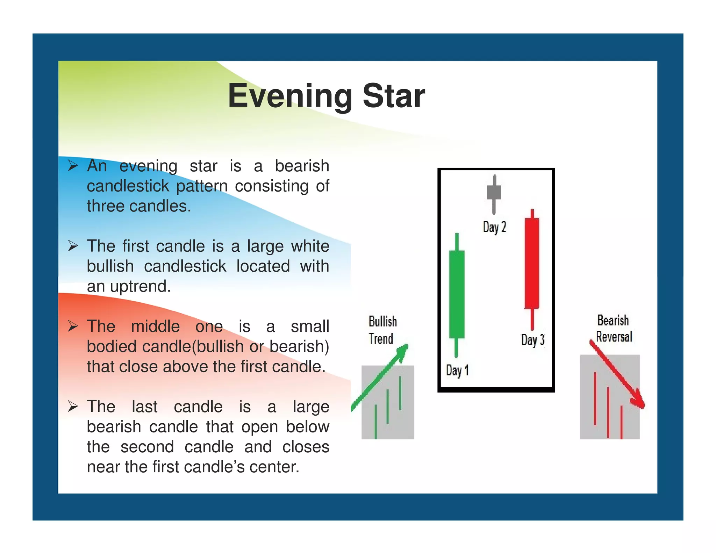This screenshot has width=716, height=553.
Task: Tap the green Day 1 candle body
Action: [x=457, y=294]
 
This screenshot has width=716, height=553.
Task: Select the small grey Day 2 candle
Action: [x=494, y=192]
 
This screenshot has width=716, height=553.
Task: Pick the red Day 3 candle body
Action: [x=532, y=263]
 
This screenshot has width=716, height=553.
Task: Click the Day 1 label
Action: [x=457, y=370]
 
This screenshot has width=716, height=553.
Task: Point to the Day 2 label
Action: [x=494, y=227]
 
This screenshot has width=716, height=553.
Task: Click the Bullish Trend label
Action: [x=382, y=330]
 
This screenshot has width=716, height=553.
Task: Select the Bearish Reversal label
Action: [x=614, y=329]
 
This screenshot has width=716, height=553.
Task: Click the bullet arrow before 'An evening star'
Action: [x=73, y=165]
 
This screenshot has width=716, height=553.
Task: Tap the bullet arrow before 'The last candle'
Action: [x=73, y=406]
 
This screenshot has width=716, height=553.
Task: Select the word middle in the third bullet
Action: [x=155, y=326]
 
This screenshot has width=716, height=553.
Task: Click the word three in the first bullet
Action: [x=107, y=206]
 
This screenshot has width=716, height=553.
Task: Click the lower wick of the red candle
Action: [x=532, y=319]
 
